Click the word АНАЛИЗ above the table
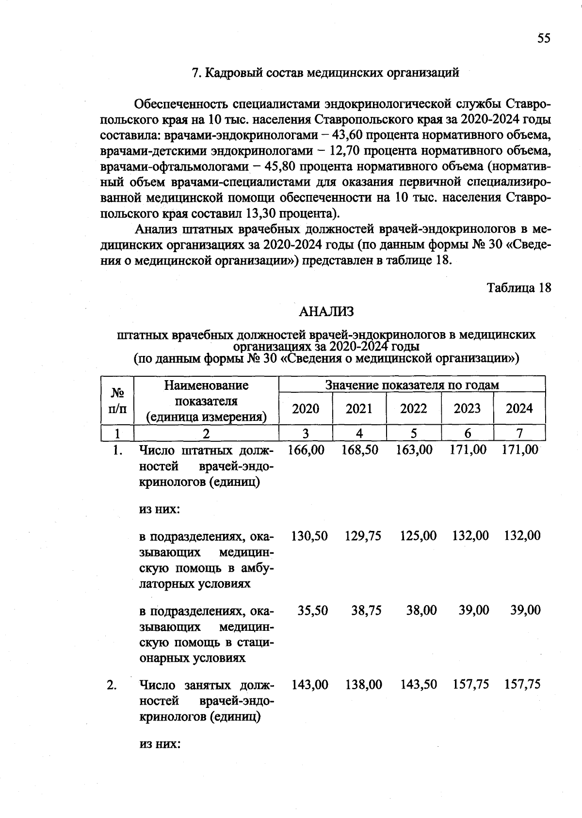click(326, 311)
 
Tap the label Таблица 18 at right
click(519, 288)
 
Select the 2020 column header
click(306, 408)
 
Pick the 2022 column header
click(413, 408)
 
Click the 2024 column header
click(519, 408)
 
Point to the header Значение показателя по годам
click(412, 385)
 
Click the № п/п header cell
click(116, 401)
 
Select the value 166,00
click(306, 450)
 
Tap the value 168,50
click(359, 450)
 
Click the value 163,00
click(414, 450)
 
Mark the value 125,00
click(418, 536)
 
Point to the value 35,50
click(312, 610)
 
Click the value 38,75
click(366, 610)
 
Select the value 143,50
click(418, 685)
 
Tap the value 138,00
click(363, 685)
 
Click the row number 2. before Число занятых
click(112, 685)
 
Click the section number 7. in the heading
click(196, 73)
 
